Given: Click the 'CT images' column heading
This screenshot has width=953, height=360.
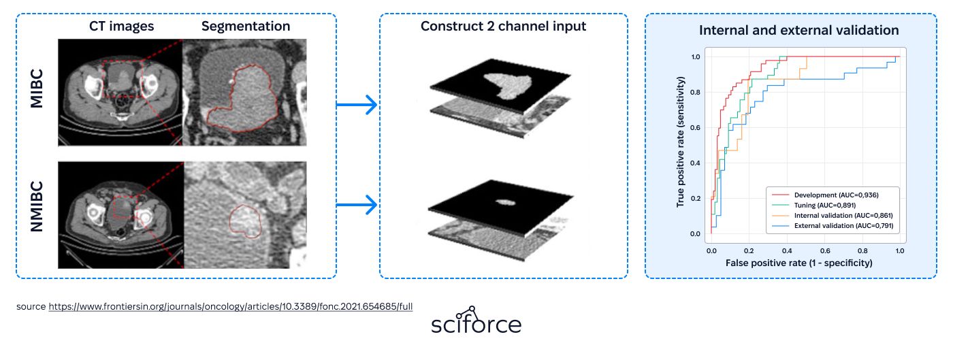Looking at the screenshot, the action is click(121, 27).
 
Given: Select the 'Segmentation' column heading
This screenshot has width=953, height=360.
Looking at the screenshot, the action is click(246, 27).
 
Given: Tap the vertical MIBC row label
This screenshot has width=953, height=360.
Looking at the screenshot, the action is click(37, 88).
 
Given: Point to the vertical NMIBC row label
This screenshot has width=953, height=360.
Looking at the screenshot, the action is click(37, 206).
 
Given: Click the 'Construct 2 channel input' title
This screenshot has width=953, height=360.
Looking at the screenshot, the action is click(503, 27).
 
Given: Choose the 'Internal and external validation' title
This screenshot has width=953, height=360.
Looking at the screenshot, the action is click(798, 30).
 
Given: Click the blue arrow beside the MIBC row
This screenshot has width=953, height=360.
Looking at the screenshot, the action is click(357, 104).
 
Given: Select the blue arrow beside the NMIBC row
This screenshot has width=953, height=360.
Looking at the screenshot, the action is click(357, 205).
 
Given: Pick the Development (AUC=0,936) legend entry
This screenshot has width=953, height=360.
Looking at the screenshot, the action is click(825, 195).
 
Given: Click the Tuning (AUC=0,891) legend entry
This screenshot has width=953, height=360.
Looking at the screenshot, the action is click(813, 205).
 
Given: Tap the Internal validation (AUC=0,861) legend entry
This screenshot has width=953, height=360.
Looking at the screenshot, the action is click(832, 215).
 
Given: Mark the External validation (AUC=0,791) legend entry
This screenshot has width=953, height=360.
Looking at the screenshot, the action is click(832, 225).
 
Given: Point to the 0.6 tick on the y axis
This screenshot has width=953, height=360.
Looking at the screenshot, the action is click(695, 128).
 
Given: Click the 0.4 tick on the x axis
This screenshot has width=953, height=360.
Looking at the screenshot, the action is click(787, 251).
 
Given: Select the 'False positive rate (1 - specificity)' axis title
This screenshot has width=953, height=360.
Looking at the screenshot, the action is click(798, 263).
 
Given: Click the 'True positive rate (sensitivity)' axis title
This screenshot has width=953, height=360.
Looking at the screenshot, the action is click(680, 142).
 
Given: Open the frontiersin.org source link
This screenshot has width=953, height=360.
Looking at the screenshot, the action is click(230, 306).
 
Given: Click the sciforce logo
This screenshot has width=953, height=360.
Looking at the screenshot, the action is click(476, 320).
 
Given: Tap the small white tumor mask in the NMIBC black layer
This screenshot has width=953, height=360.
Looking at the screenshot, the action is click(506, 203).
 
